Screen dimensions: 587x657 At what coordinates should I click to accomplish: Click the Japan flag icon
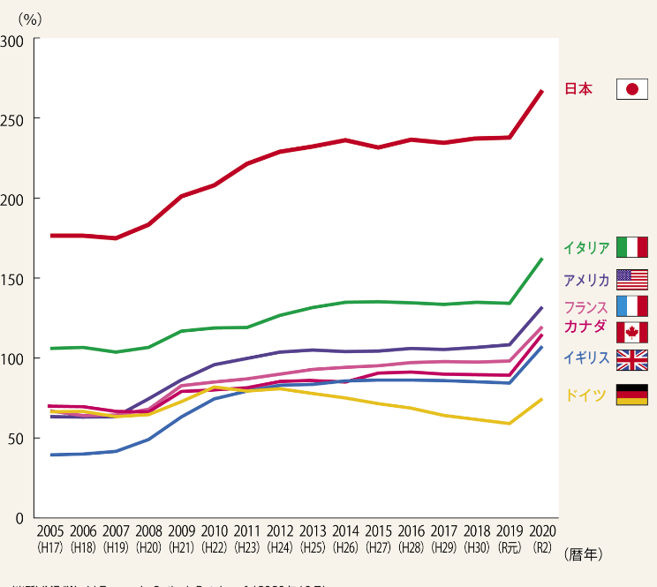coord(632,89)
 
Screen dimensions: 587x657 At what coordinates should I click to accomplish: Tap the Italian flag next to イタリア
coord(632,246)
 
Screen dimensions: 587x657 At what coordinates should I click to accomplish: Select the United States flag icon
coord(632,280)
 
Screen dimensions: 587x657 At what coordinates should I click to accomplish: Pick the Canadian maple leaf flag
coord(632,332)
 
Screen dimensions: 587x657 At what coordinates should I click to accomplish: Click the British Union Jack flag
coord(632,360)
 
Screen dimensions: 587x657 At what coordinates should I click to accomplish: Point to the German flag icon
coord(632,395)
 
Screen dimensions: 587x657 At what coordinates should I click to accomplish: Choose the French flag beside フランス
coord(632,306)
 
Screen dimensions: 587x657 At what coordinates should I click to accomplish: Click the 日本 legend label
coord(578,89)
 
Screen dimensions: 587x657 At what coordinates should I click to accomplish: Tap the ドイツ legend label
coord(585,395)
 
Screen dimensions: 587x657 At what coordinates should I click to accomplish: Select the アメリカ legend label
coord(585,281)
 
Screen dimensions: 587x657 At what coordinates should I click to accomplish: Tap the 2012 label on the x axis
coord(280,531)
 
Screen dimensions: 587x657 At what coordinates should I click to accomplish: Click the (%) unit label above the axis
coord(30,16)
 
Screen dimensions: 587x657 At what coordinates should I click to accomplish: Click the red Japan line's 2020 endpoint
coord(541,91)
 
